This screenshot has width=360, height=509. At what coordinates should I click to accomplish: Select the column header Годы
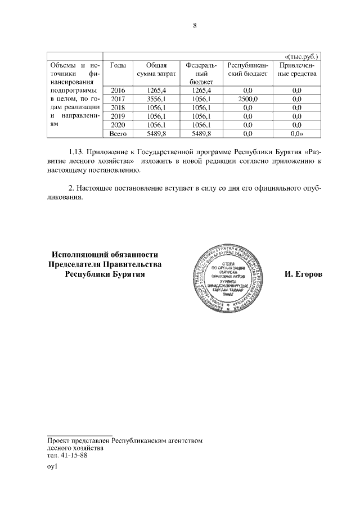[x=118, y=65]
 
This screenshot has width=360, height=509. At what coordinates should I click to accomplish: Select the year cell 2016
[x=118, y=91]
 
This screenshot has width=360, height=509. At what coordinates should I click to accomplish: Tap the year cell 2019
[x=118, y=116]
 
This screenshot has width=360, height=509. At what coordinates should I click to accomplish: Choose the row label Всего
[x=118, y=133]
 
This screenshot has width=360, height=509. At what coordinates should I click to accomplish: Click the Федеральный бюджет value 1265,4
[x=201, y=91]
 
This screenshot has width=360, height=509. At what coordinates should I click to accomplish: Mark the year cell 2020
[x=118, y=124]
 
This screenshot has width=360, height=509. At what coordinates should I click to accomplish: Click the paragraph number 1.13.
[x=78, y=152]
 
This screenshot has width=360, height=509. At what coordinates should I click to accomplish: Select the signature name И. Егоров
[x=304, y=274]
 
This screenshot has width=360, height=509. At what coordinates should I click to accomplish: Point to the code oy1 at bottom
[x=53, y=466]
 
